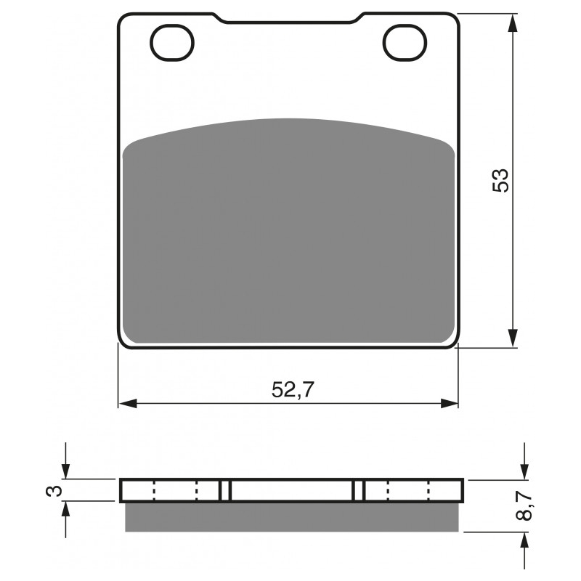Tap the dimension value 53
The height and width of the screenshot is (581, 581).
500,180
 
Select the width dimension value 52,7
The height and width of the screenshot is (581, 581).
293,389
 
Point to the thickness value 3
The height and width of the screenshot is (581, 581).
54,491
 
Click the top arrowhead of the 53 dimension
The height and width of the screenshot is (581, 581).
513,24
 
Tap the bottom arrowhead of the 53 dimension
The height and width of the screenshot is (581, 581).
513,337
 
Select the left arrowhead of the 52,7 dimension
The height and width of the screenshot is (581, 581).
128,404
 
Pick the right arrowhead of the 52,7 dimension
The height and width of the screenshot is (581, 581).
449,404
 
